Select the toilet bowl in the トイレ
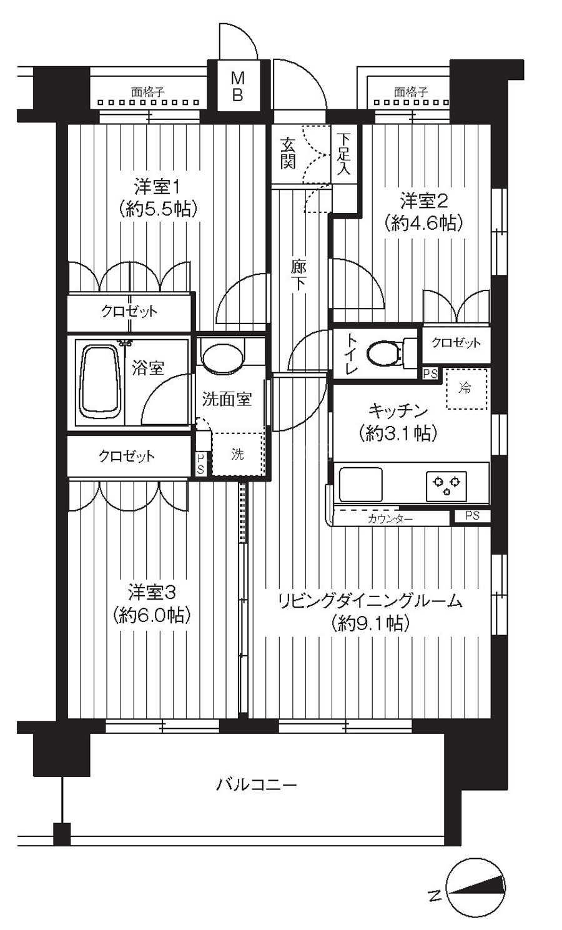tap(384, 354)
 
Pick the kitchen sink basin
tap(360, 485)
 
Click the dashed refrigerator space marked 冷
tap(466, 388)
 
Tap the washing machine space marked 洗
tap(239, 454)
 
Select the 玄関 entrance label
tap(288, 153)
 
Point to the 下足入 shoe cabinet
tap(344, 154)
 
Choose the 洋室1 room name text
tap(157, 187)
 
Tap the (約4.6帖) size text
tap(423, 224)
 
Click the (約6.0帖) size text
tap(152, 615)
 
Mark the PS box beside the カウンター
tap(472, 516)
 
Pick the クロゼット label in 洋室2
tap(456, 342)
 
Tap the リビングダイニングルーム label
tap(370, 601)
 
